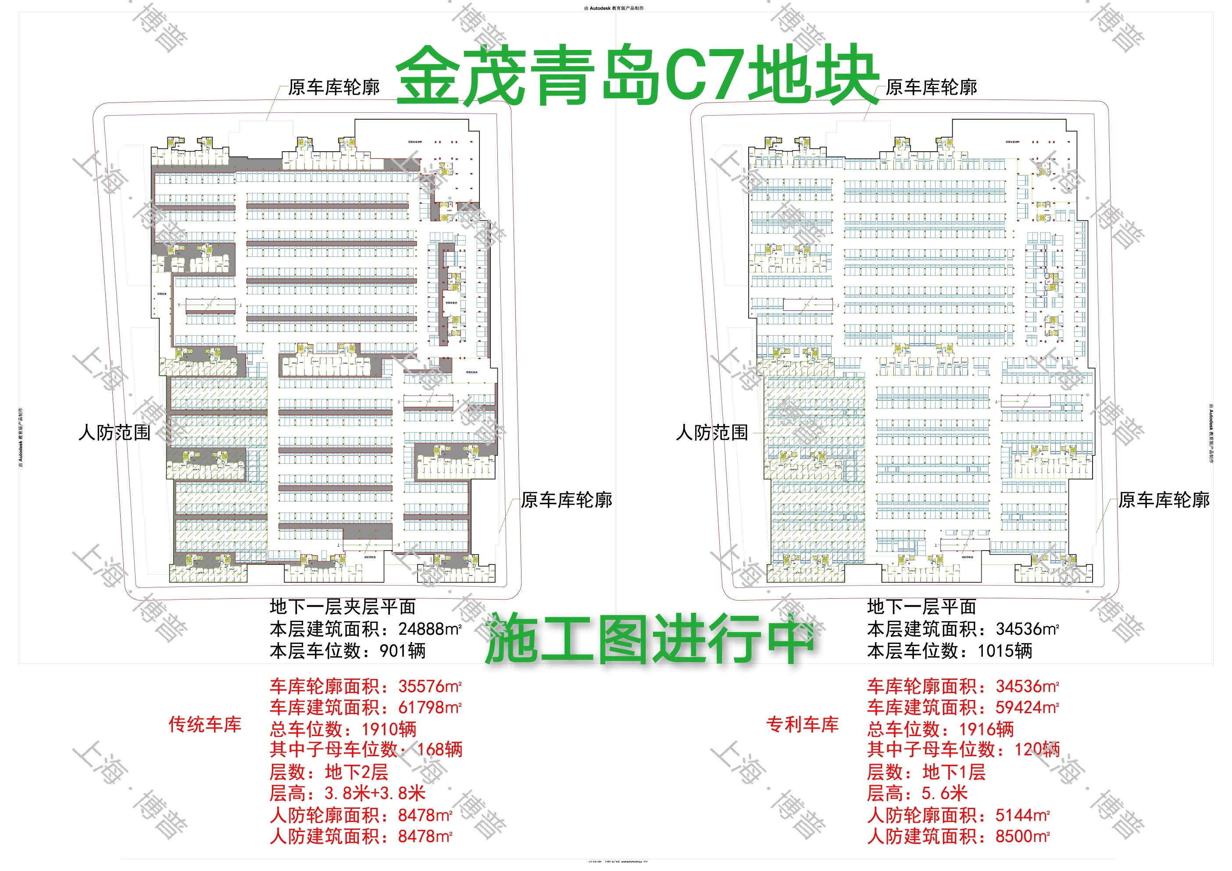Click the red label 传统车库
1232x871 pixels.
coord(205,725)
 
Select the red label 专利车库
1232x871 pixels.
coord(802,725)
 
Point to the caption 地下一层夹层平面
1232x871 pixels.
coord(343,607)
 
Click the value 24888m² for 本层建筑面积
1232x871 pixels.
coord(430,629)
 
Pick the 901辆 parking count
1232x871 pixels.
coord(403,651)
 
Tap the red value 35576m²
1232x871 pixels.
coord(430,686)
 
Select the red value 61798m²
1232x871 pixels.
coord(430,707)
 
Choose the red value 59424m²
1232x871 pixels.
coord(1027,707)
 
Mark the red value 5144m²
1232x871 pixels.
coord(1022,815)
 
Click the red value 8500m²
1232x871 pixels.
coord(1022,836)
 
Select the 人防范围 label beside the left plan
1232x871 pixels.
coord(114,432)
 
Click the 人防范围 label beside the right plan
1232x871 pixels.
coord(711,432)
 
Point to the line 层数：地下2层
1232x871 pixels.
coord(329,772)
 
